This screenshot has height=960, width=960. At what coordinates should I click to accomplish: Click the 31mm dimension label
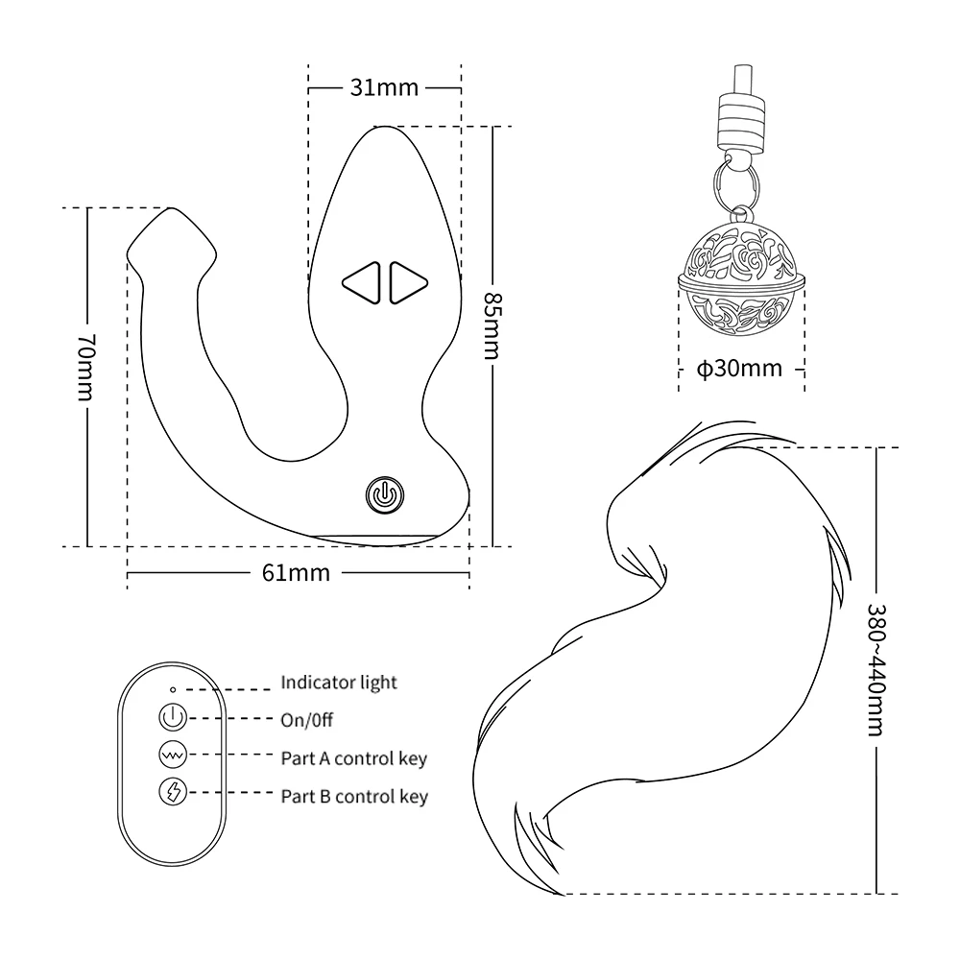point(383,88)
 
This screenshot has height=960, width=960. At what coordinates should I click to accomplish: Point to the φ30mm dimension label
point(739,369)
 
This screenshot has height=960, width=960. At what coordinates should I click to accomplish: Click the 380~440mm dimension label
point(876,669)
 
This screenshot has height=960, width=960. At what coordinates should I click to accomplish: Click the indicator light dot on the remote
point(171,688)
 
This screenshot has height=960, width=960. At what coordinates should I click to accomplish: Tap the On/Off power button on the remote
point(171,718)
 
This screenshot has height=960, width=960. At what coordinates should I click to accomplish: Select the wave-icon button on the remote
point(171,756)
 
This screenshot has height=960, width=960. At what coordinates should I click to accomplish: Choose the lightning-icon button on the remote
point(171,794)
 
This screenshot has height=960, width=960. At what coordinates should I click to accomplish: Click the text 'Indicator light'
point(339,684)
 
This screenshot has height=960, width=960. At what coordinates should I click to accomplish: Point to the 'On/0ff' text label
point(307,720)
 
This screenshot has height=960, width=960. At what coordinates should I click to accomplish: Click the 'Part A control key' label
point(353,758)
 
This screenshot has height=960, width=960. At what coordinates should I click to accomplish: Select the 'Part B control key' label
point(354,796)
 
